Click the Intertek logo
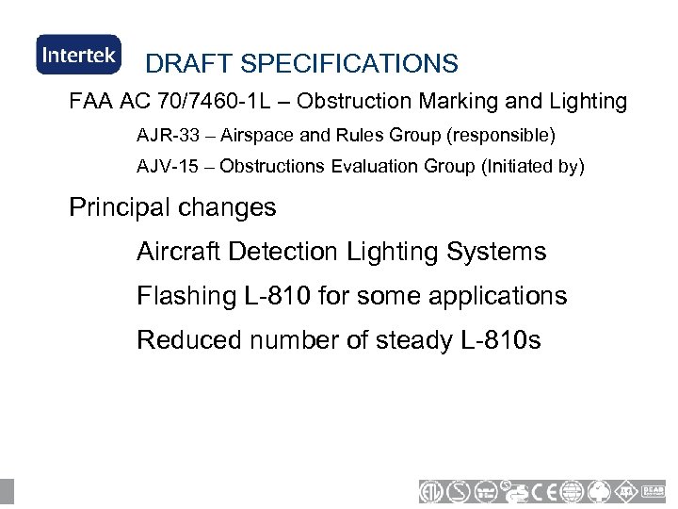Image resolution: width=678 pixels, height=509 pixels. click(x=78, y=55)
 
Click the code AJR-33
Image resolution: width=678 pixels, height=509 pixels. click(x=165, y=136)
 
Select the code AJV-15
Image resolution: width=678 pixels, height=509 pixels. click(x=165, y=167)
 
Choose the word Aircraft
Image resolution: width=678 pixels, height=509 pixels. click(x=177, y=252)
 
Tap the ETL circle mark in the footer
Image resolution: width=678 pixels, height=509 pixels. click(x=433, y=491)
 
